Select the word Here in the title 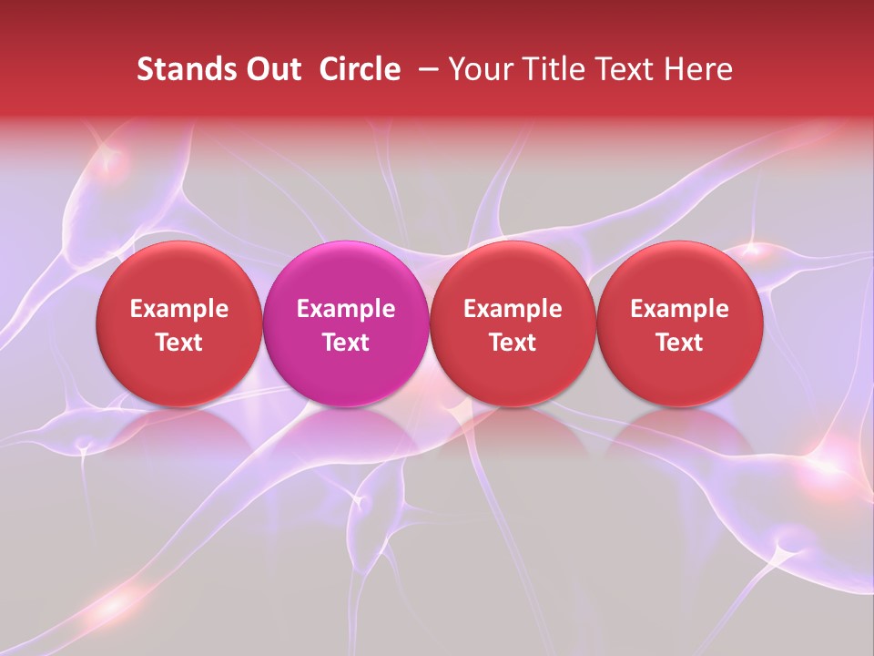[698, 69]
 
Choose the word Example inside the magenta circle [346, 309]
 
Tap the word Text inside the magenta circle [346, 343]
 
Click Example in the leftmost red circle [179, 309]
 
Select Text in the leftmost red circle [179, 343]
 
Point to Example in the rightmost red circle [679, 309]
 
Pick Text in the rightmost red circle [679, 343]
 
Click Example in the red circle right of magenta [513, 309]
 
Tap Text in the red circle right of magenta [513, 343]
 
